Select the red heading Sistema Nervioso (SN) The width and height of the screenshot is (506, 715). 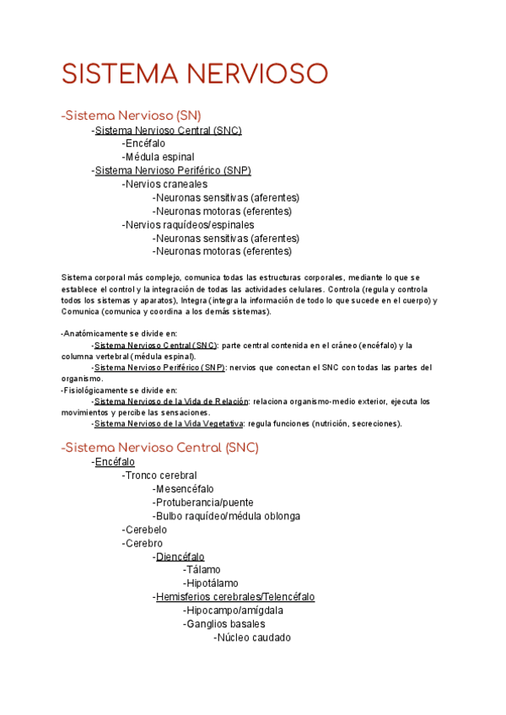click(132, 116)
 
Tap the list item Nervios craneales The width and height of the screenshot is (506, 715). click(165, 184)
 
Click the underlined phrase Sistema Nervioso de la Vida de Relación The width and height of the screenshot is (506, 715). click(172, 401)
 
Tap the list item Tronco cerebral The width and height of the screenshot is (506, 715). click(160, 476)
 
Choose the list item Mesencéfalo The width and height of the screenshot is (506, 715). click(185, 489)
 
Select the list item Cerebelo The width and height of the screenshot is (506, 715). click(146, 530)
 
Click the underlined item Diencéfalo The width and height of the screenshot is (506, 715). click(180, 556)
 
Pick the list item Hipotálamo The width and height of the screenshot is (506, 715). click(212, 583)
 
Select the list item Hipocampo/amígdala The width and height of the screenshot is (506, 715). click(234, 610)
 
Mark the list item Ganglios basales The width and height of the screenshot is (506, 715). click(225, 624)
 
